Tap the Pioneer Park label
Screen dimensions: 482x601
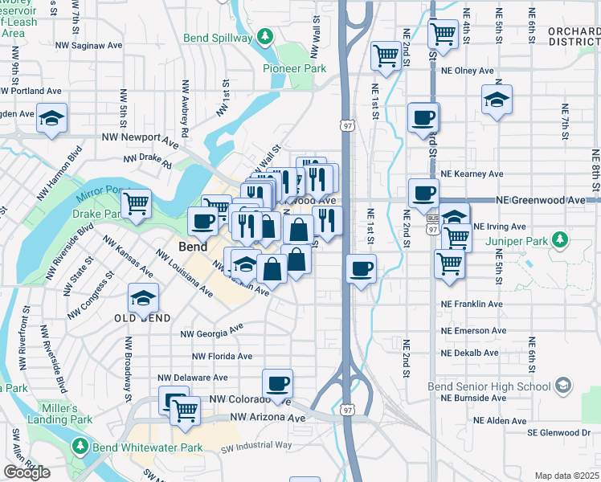click(294, 69)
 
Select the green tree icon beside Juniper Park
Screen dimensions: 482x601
click(566, 239)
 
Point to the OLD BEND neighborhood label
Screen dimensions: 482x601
click(142, 319)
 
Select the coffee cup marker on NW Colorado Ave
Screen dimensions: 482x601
click(277, 383)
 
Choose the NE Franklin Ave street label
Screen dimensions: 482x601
click(472, 304)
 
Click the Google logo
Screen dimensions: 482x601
click(27, 472)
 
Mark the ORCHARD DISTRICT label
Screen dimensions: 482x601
click(573, 37)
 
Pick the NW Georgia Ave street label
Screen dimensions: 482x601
click(212, 331)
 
